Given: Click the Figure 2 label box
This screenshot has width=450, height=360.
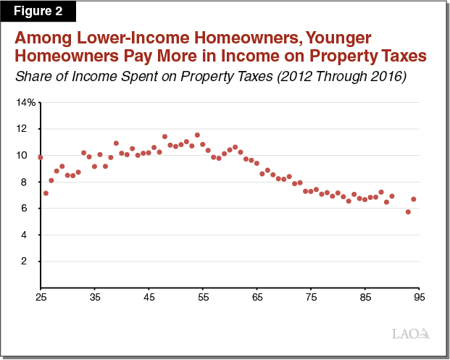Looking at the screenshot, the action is click(38, 11).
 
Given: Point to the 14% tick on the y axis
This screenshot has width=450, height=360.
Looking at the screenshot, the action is click(26, 102).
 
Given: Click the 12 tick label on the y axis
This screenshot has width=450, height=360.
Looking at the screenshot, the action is click(22, 128).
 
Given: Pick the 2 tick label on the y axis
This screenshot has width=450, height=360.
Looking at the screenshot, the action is click(24, 261).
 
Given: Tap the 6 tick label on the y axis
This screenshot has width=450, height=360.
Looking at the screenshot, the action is click(24, 208).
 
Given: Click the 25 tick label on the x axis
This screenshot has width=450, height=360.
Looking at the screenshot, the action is click(41, 297).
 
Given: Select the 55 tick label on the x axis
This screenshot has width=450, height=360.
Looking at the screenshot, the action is click(203, 297).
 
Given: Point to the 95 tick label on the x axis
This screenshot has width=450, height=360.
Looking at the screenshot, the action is click(420, 297).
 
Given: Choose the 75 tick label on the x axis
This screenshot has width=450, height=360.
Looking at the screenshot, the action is click(312, 297).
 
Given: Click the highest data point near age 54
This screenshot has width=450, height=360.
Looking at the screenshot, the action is click(197, 135).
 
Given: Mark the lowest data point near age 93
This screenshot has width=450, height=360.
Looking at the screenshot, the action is click(408, 212).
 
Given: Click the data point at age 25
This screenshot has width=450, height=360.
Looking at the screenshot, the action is click(41, 157).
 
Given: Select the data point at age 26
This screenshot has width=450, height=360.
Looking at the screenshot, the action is click(46, 193).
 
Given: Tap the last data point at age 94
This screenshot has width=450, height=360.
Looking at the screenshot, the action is click(414, 199).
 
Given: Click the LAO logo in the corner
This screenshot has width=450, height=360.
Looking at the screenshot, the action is click(411, 334).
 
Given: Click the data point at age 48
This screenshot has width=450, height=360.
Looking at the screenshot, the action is click(164, 137).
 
